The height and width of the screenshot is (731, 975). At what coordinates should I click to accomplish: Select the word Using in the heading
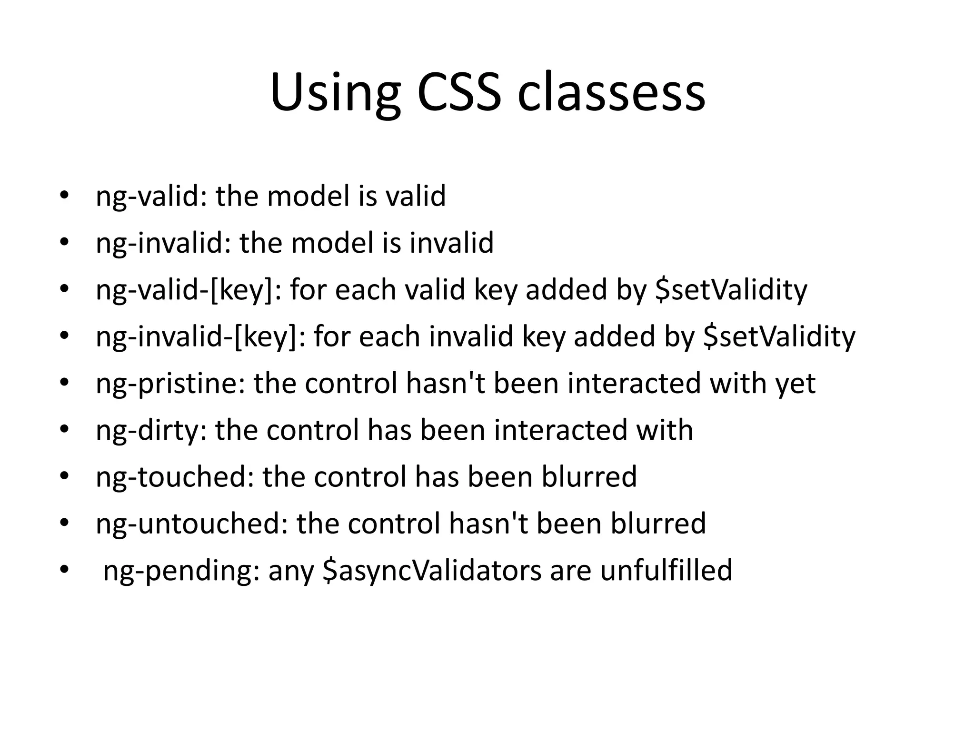click(x=335, y=93)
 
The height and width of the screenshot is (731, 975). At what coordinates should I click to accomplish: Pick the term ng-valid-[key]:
click(x=189, y=290)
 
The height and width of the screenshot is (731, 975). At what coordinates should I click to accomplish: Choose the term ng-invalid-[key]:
click(x=200, y=336)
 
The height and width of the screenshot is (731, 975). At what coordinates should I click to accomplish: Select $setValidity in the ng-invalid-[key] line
click(x=779, y=336)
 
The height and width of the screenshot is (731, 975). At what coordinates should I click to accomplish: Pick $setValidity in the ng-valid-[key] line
click(x=731, y=290)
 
